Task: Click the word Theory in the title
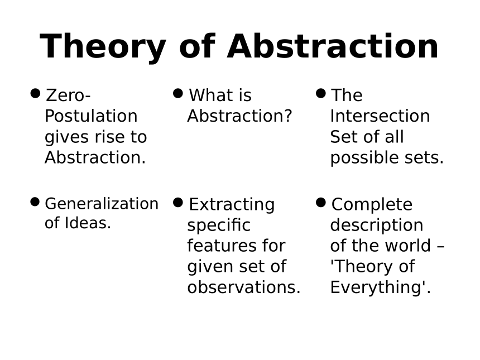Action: point(103,47)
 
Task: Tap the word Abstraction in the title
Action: point(333,46)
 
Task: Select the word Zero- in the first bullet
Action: point(68,95)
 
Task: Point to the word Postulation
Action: point(91,116)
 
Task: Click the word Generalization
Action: point(102,204)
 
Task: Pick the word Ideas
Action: point(88,223)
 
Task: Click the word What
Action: point(210,95)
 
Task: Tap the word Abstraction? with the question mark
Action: point(239,116)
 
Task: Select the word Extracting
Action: point(232,204)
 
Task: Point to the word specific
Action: point(219,225)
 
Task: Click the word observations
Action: point(244,287)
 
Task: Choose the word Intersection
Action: point(380,116)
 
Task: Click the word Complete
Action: point(372,204)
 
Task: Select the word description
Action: point(377,225)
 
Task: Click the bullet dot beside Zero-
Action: point(36,93)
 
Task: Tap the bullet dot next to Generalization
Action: point(35,202)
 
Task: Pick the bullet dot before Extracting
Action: point(178,203)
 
